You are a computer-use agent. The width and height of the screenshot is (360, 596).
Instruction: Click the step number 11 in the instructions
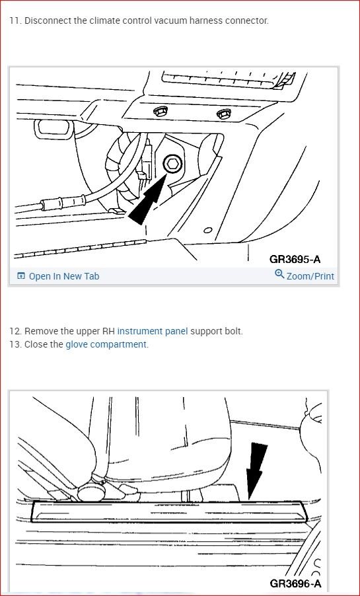pyautogui.click(x=14, y=20)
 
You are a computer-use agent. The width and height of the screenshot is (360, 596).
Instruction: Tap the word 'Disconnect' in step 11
pyautogui.click(x=48, y=20)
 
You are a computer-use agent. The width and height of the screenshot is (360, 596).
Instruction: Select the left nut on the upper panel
pyautogui.click(x=159, y=112)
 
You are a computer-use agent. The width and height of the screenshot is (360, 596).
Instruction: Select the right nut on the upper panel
pyautogui.click(x=222, y=114)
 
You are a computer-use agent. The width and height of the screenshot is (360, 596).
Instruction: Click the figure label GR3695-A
pyautogui.click(x=299, y=259)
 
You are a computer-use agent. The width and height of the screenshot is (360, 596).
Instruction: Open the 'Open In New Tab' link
pyautogui.click(x=64, y=276)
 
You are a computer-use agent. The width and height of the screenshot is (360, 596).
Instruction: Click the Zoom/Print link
pyautogui.click(x=310, y=276)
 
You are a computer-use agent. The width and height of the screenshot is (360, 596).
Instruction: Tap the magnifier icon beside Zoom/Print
pyautogui.click(x=279, y=275)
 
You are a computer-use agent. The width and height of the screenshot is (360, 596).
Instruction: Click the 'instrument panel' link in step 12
pyautogui.click(x=152, y=331)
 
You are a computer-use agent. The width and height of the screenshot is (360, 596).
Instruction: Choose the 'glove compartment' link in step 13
pyautogui.click(x=106, y=344)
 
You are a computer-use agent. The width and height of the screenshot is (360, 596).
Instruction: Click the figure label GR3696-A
pyautogui.click(x=295, y=583)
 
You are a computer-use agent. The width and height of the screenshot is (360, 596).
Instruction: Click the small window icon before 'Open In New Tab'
pyautogui.click(x=21, y=276)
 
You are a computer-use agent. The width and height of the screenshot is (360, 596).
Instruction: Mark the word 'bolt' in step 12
pyautogui.click(x=232, y=331)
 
